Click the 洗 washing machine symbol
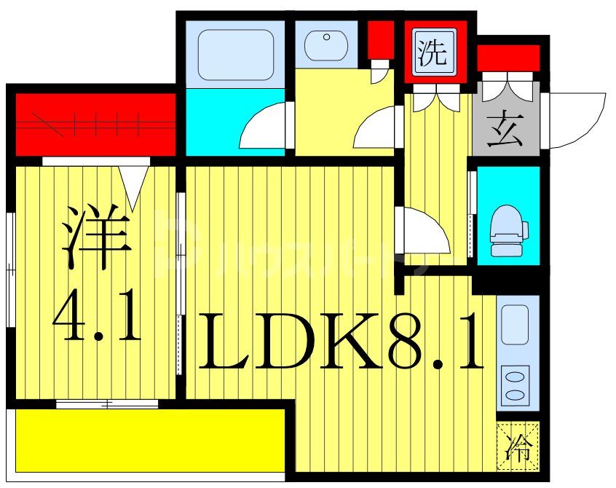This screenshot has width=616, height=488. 435,52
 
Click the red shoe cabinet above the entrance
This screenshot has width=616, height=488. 508,58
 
